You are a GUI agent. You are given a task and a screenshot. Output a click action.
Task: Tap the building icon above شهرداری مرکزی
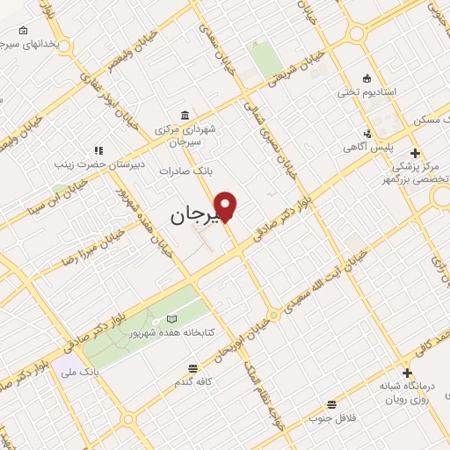click(x=184, y=116)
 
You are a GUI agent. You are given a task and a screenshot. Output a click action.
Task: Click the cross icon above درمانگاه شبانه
click(x=406, y=373)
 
